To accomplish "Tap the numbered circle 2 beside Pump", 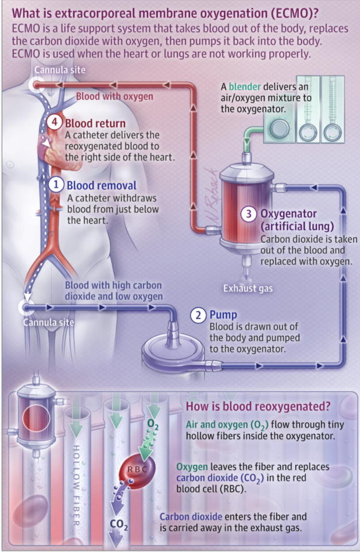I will [198, 315].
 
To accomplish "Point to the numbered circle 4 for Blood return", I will [54, 123].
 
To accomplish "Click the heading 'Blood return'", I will [95, 123].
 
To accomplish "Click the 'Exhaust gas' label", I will [248, 287].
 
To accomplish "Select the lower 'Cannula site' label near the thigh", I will [48, 322].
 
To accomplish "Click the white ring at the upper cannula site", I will [34, 85].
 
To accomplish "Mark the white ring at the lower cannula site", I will [24, 307].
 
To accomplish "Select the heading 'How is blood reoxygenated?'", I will [258, 407].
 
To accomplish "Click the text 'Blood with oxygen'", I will [115, 96].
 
